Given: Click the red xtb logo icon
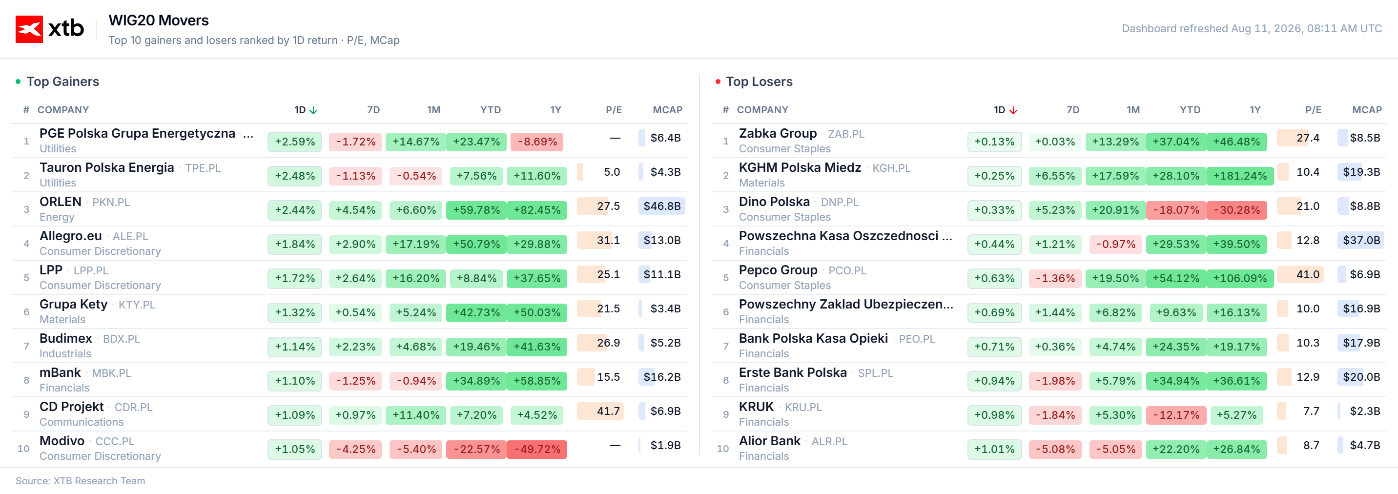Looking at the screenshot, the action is [29, 29].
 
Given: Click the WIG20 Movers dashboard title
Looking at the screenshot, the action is [159, 21].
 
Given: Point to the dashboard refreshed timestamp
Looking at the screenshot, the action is [1252, 28].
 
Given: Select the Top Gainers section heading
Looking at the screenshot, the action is [62, 82].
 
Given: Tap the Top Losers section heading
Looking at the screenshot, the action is [759, 82].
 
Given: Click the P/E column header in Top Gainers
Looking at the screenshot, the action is [614, 110].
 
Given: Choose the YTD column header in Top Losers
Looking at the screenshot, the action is [1190, 110].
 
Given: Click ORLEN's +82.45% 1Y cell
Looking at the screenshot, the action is [537, 210].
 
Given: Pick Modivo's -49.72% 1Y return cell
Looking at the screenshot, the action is [537, 450].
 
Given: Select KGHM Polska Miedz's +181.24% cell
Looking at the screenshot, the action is [1239, 176].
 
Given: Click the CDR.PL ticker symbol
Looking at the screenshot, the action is [134, 407].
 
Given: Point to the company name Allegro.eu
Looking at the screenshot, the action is [71, 236].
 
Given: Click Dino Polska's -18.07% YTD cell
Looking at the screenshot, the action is [1175, 210].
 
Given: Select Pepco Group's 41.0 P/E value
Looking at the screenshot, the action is [1307, 275].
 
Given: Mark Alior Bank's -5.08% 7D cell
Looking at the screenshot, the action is [1055, 450].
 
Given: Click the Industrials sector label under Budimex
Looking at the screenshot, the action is [65, 354].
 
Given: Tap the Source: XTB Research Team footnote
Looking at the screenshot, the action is [81, 481].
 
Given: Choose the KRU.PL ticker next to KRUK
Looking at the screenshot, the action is [803, 407].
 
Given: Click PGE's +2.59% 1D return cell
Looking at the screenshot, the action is [295, 142].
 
